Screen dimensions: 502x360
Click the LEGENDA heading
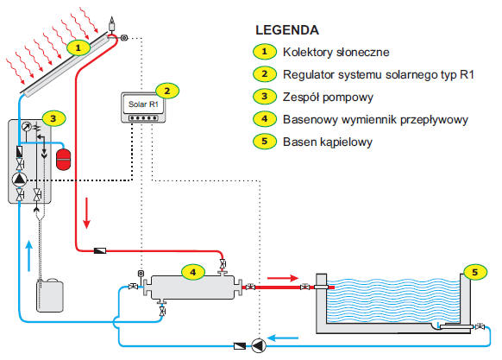click(287, 30)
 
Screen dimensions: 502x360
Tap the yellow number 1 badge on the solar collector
click(78, 48)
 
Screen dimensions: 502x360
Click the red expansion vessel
click(63, 159)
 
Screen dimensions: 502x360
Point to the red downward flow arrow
click(86, 213)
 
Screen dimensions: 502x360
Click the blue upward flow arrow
click(29, 256)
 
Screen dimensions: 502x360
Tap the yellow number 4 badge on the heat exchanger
click(193, 272)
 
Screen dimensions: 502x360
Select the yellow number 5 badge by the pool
click(475, 273)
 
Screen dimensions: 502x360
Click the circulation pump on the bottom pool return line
click(259, 345)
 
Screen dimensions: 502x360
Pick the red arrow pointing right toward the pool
click(283, 278)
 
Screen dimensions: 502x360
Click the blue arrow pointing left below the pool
click(283, 338)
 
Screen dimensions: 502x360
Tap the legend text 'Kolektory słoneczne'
click(336, 52)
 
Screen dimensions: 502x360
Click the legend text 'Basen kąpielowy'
click(328, 142)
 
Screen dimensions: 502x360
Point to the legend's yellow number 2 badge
click(265, 74)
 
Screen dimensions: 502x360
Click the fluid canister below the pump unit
click(50, 296)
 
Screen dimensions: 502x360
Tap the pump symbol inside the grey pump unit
click(20, 180)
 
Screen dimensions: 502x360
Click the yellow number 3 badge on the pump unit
click(53, 118)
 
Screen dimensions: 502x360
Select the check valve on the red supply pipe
click(100, 250)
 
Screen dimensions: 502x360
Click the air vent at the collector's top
click(112, 23)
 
